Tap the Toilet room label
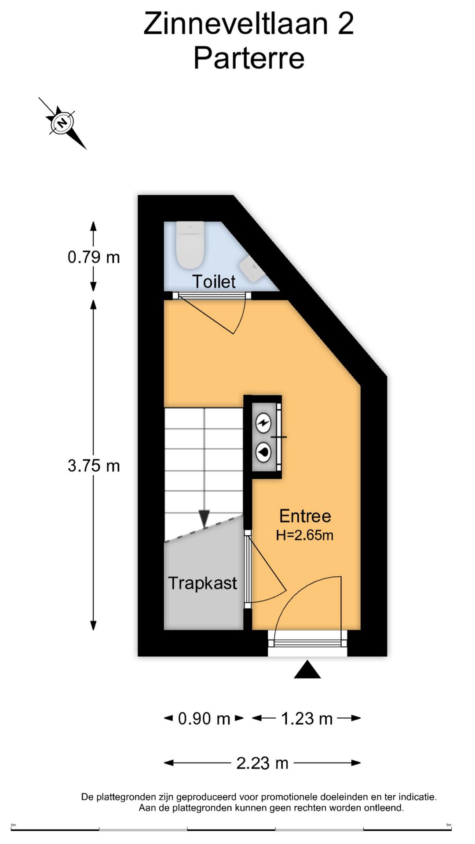tap(214, 282)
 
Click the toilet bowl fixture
tap(190, 245)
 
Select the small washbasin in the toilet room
tap(251, 269)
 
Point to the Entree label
tap(305, 516)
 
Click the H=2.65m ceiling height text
tap(304, 535)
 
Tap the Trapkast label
tap(202, 583)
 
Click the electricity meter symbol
tap(263, 424)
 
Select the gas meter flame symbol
tap(263, 452)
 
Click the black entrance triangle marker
tap(307, 670)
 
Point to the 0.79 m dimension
tap(94, 257)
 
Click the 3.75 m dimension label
tap(94, 466)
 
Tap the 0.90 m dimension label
tap(204, 719)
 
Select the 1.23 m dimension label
tap(307, 719)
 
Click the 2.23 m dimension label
tap(262, 763)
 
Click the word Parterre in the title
tap(249, 58)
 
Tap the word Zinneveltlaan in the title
tap(236, 24)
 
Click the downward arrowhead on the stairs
tap(204, 519)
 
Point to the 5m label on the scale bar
tap(449, 825)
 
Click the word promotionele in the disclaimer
tap(289, 797)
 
